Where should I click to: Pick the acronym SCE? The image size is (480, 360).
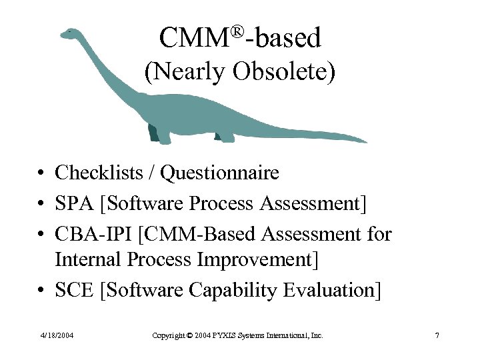(x=73, y=291)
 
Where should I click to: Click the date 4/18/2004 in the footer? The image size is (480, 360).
(x=56, y=335)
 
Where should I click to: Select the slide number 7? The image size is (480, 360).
(x=437, y=335)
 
